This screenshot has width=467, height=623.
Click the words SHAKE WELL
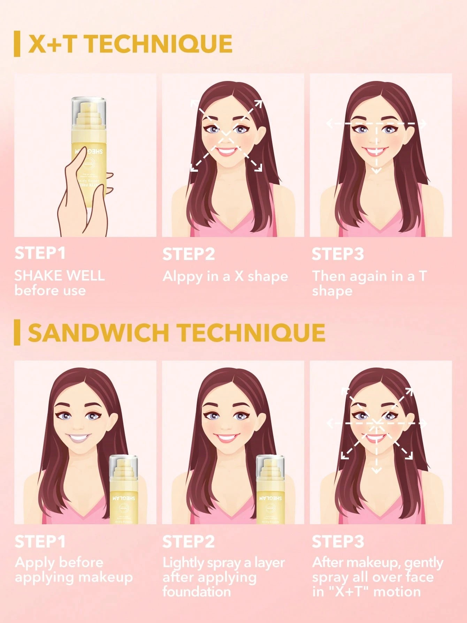point(60,276)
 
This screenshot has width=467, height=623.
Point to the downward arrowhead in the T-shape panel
point(376,171)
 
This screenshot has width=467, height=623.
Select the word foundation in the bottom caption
point(197,592)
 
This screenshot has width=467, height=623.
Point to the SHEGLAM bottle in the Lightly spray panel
point(270,490)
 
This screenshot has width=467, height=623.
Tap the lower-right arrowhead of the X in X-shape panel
point(259,169)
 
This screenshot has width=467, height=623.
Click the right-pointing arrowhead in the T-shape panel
point(423,124)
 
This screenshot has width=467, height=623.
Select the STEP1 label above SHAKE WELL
point(40,253)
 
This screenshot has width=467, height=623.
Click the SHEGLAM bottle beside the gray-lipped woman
point(124,490)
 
